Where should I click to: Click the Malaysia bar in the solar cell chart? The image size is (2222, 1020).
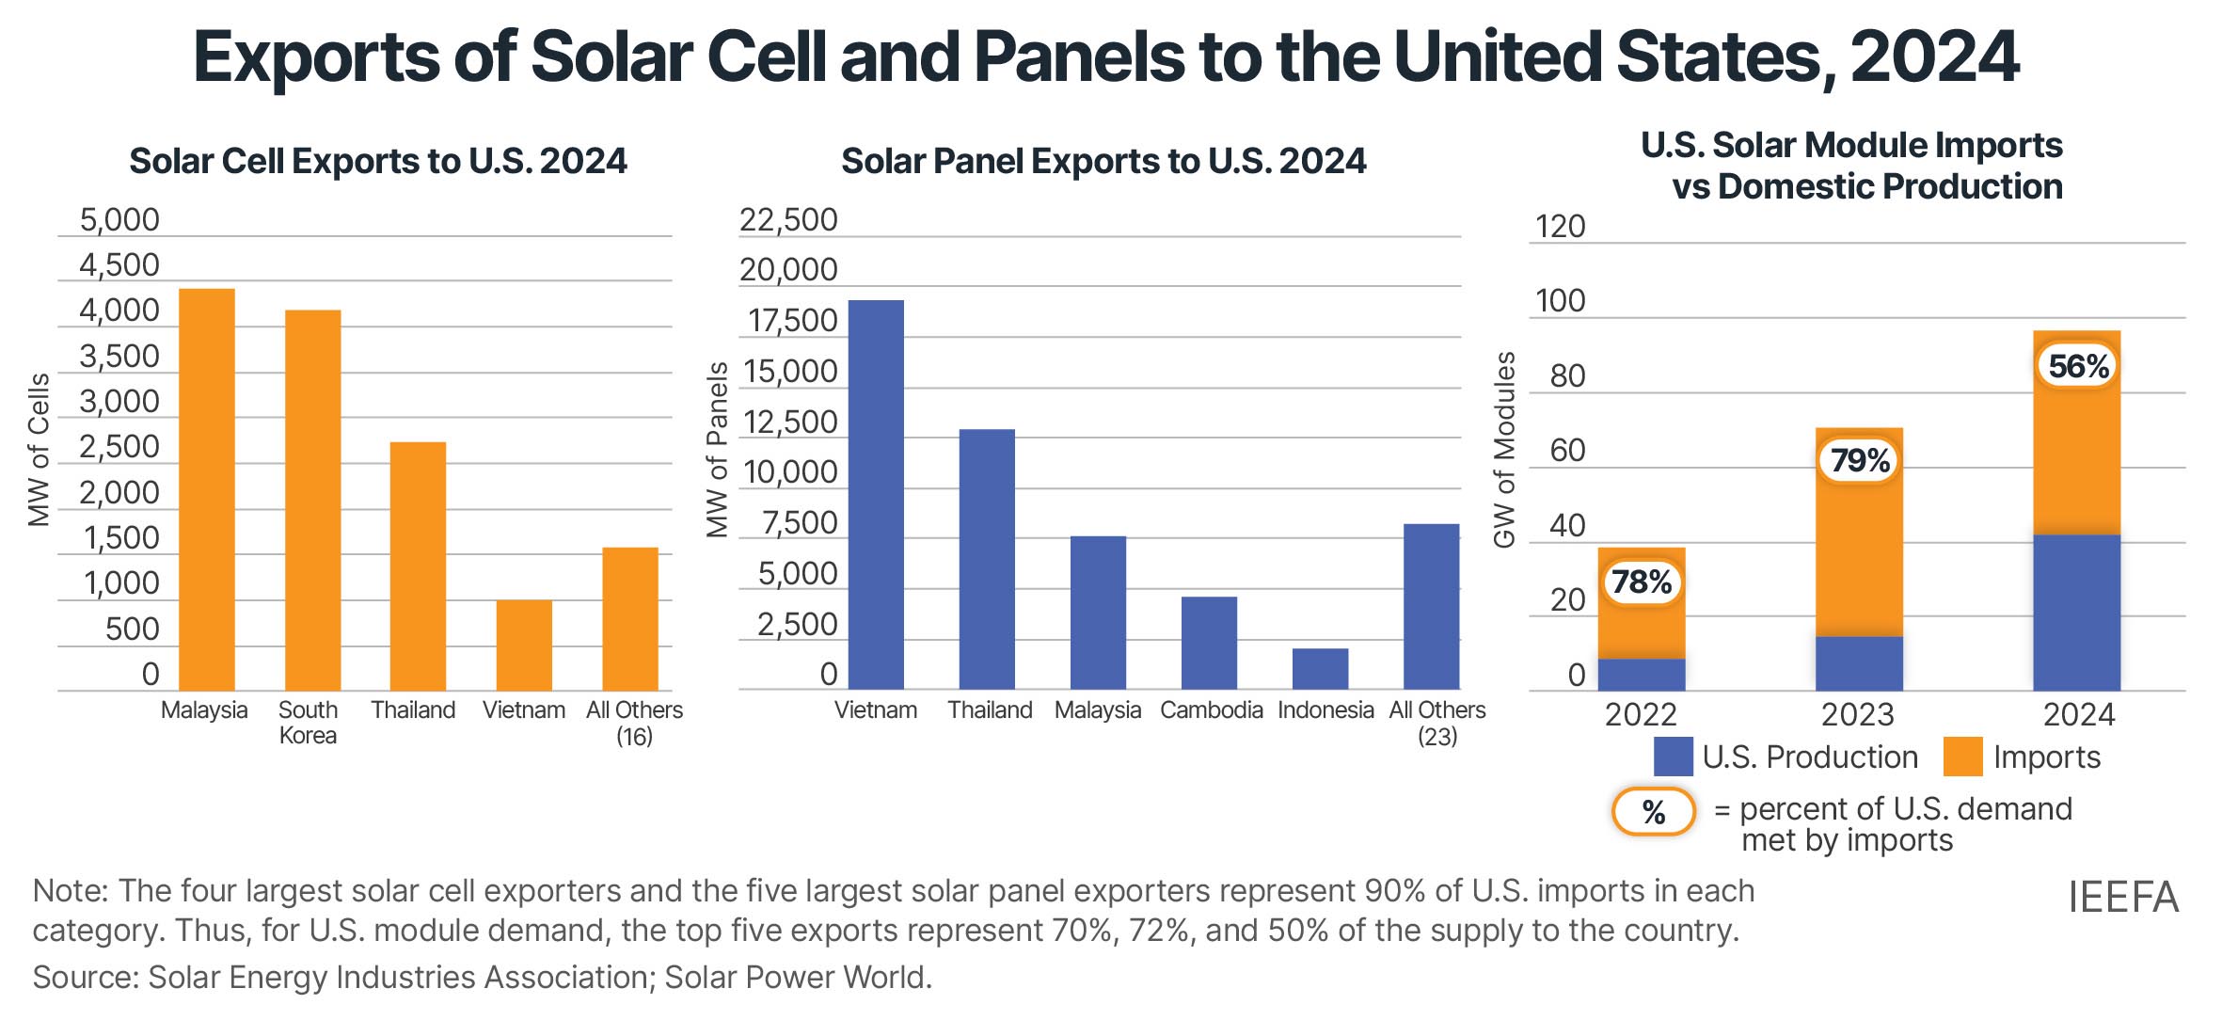(206, 489)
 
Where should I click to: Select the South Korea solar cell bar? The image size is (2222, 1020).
(312, 500)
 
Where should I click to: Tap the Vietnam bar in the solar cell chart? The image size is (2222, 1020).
(524, 645)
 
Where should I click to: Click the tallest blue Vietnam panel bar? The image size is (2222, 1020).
(876, 495)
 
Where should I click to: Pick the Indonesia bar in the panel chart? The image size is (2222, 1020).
(1320, 669)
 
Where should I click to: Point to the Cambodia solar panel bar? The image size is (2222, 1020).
(1209, 643)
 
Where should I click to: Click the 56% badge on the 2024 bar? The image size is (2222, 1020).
(2078, 366)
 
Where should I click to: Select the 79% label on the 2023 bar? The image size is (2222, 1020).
(1860, 460)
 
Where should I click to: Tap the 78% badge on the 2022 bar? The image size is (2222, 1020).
(1642, 582)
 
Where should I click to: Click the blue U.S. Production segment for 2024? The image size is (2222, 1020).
(2076, 613)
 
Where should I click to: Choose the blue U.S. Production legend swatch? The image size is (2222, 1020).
(1673, 757)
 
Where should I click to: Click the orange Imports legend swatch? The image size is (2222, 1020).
(1962, 757)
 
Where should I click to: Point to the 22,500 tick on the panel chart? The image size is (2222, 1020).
(788, 220)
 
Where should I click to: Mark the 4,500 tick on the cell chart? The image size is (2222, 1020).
(119, 265)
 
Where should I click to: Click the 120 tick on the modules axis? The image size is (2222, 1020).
(1560, 227)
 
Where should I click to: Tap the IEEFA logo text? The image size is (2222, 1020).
(2122, 898)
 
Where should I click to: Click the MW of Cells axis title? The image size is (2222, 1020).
(39, 450)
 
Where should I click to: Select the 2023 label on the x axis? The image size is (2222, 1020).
(1857, 715)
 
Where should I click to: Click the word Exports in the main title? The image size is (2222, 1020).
(316, 57)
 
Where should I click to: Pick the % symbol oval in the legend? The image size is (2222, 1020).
(1653, 811)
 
